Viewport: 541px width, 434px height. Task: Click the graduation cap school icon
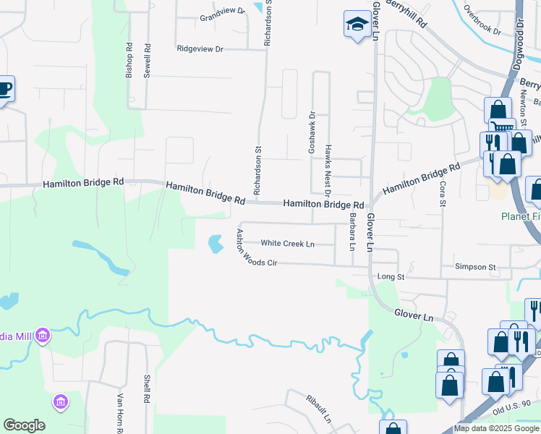[x=357, y=25]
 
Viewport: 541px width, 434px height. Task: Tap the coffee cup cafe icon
[x=4, y=89]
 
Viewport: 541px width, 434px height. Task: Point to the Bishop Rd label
[x=129, y=61]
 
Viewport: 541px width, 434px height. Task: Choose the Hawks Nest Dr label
[x=328, y=170]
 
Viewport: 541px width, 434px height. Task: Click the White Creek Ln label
[x=287, y=244]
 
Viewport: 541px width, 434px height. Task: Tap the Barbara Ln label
[x=353, y=231]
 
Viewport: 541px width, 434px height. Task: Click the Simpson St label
[x=475, y=267]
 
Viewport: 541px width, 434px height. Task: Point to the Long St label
[x=391, y=276]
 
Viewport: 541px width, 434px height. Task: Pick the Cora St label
[x=443, y=194]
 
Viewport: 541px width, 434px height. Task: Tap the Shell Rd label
[x=146, y=388]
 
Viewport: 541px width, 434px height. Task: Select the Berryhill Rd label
[x=406, y=14]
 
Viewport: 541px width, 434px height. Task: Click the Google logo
[x=24, y=425]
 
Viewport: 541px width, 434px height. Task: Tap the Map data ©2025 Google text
[x=495, y=428]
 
